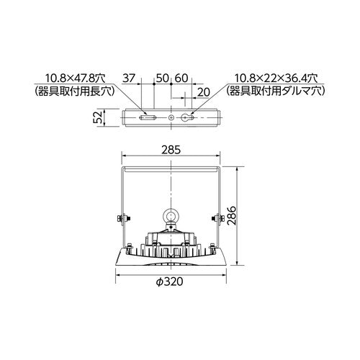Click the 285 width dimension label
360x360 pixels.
[x=171, y=150]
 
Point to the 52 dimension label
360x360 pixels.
[x=101, y=117]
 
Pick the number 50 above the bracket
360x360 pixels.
[x=163, y=77]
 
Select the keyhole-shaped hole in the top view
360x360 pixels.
[x=189, y=117]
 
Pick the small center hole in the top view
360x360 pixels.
[x=171, y=117]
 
